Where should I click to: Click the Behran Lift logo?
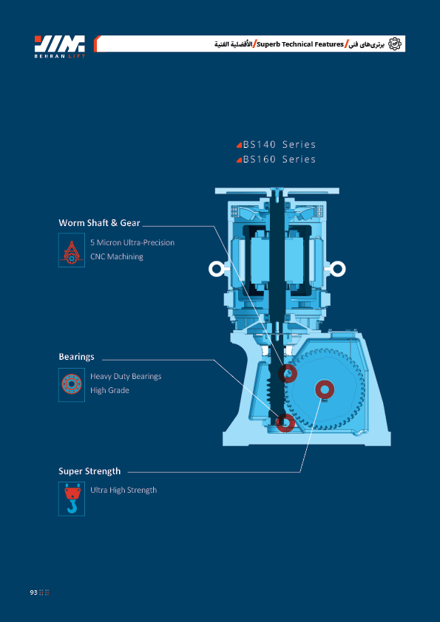click(x=60, y=47)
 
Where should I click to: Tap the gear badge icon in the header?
click(x=394, y=44)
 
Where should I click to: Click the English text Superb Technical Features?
click(x=300, y=44)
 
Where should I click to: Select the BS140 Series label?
click(x=277, y=144)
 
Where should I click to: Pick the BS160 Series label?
click(x=277, y=160)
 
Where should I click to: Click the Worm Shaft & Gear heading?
click(x=99, y=223)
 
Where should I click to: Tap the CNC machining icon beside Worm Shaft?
click(x=72, y=250)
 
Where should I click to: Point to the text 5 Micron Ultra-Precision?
click(x=132, y=242)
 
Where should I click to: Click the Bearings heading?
click(x=77, y=357)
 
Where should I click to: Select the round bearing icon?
click(x=72, y=385)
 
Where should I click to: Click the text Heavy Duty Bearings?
click(x=126, y=376)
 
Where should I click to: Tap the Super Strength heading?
click(x=89, y=471)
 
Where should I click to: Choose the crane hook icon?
click(x=72, y=499)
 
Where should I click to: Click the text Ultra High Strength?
click(x=123, y=491)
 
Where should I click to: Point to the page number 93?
click(x=33, y=592)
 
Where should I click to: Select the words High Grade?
click(x=109, y=390)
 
